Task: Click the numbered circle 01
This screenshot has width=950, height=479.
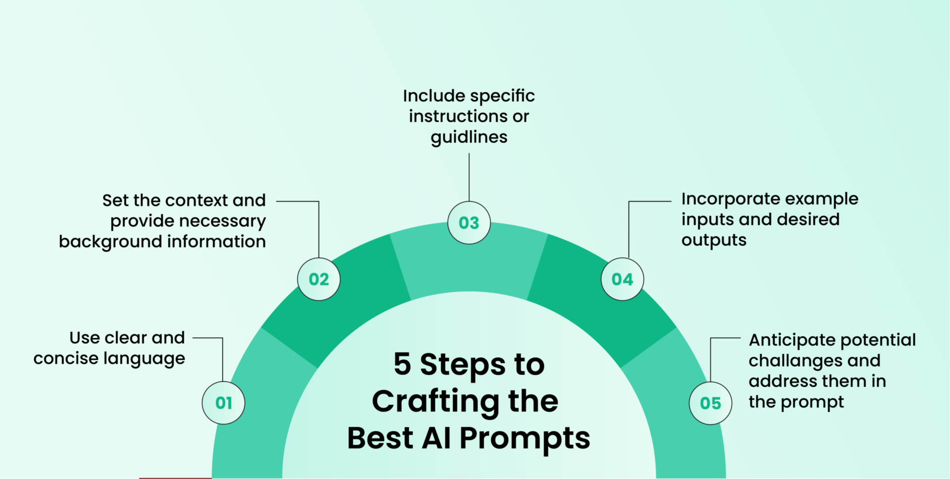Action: [224, 403]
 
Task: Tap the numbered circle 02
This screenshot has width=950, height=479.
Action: [319, 279]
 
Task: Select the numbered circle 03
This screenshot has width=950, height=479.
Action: [469, 223]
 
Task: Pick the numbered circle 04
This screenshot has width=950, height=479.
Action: [622, 279]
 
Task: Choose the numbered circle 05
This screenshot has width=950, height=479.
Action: [711, 403]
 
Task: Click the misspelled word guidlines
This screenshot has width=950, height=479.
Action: [469, 138]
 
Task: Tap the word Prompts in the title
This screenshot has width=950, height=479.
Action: [524, 438]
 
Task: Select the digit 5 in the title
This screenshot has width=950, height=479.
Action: [402, 364]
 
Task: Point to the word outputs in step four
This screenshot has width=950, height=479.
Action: [714, 240]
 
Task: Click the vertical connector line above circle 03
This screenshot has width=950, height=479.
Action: [469, 177]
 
